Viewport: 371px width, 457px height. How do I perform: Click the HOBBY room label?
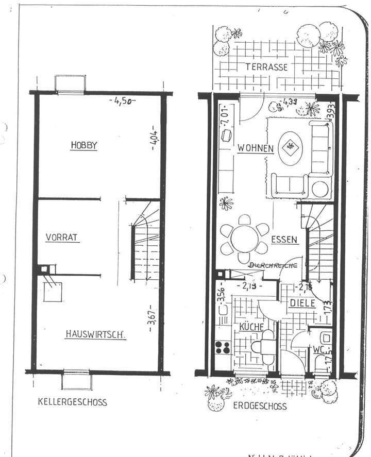[84, 145]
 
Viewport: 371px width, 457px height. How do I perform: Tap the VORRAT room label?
[62, 238]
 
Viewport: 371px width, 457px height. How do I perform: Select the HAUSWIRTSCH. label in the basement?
[95, 334]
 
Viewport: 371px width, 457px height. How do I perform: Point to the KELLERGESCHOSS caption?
[73, 402]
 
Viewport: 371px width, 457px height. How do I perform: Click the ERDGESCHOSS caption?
[260, 406]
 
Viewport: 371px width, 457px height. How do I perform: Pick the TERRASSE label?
[266, 67]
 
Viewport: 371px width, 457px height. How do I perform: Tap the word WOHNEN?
[255, 148]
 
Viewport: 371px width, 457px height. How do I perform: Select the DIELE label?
[301, 303]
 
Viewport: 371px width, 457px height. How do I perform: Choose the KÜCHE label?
[251, 327]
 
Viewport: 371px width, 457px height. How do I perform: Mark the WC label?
[317, 350]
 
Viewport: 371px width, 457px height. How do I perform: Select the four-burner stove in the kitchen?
[223, 347]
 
